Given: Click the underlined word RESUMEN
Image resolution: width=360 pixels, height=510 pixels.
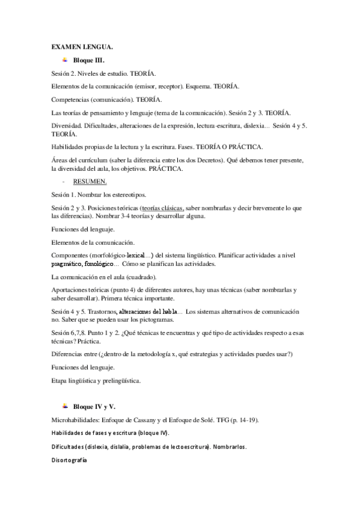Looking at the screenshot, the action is (x=90, y=181).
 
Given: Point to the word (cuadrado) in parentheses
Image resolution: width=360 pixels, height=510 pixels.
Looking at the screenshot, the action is (x=142, y=277).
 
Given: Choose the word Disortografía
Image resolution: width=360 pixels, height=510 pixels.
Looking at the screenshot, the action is (x=70, y=459).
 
